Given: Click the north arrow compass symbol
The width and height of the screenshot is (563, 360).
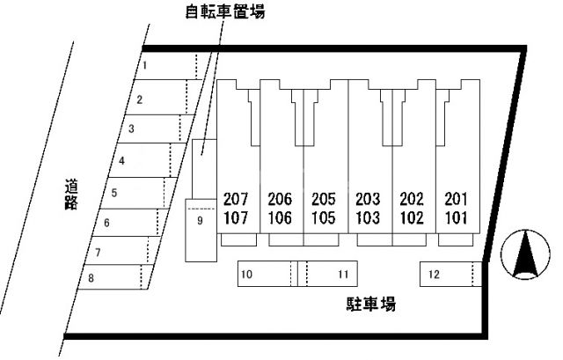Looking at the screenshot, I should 525,256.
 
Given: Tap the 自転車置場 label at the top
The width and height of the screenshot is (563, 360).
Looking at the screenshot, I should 225,11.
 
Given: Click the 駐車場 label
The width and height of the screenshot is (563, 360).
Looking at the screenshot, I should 370,305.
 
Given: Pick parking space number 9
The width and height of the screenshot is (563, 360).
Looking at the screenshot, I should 201,221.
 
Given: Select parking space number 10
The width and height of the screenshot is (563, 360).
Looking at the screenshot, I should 264,275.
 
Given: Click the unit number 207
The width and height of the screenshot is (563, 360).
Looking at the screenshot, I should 237,198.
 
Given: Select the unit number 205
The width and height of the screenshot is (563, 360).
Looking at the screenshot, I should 324,198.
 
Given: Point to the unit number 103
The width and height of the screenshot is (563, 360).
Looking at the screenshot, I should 368,217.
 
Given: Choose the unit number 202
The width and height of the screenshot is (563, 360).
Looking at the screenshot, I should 412,198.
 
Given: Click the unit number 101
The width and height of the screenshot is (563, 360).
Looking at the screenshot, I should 456,217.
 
